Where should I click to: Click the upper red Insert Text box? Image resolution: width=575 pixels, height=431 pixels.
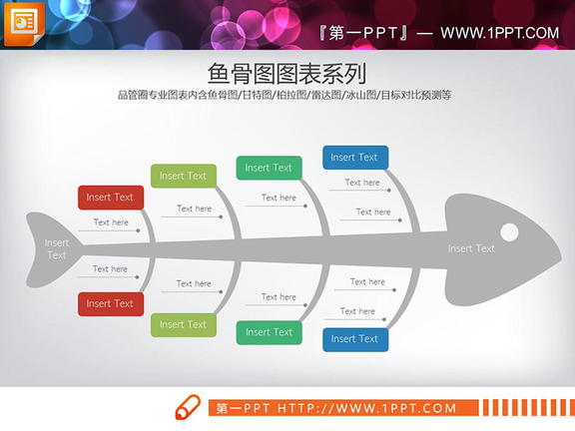click(110, 198)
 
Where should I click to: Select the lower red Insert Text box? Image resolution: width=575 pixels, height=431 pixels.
click(110, 304)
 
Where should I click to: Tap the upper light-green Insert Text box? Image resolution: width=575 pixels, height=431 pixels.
click(184, 177)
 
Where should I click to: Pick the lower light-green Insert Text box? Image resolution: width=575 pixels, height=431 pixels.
click(184, 324)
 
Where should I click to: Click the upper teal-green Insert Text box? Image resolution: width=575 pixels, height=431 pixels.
click(269, 169)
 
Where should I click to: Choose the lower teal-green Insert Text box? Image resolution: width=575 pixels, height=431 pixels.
click(269, 332)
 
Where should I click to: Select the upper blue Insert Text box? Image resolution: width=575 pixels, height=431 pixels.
click(354, 158)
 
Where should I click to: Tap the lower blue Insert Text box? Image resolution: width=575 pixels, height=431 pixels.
click(354, 339)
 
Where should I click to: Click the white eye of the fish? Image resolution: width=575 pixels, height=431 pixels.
click(509, 232)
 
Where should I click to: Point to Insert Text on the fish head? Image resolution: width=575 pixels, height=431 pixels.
click(471, 248)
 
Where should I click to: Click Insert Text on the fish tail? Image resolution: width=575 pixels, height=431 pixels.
click(57, 248)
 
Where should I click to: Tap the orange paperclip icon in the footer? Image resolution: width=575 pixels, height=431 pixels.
click(187, 408)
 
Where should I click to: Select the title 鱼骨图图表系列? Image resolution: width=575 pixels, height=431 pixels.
click(287, 74)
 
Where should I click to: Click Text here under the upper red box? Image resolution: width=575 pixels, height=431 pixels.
click(111, 222)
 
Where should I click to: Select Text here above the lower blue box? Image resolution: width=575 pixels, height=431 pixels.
click(357, 311)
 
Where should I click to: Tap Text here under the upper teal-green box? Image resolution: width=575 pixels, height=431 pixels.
click(279, 198)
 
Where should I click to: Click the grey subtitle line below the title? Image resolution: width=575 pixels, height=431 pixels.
click(285, 96)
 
